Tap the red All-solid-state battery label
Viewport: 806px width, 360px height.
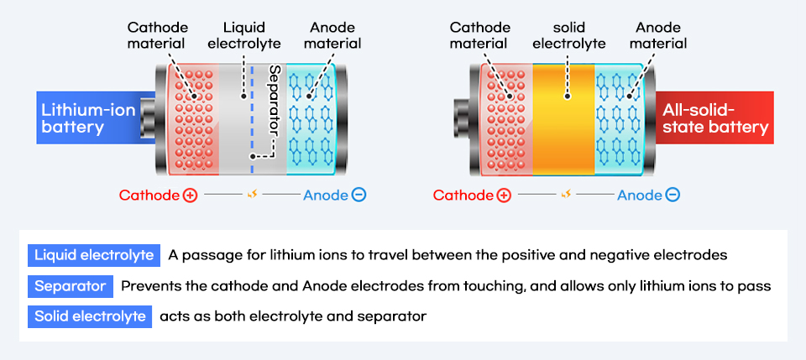coord(714,118)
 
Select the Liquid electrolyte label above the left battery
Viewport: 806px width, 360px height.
coord(244,35)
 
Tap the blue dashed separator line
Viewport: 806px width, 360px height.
coord(252,143)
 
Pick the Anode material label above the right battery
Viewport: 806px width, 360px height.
coord(657,35)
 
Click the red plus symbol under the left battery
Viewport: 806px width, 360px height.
coord(190,196)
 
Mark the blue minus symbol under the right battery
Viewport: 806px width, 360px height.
coord(673,196)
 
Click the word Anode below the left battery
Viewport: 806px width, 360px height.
coord(326,196)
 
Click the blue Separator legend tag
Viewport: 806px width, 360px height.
coord(71,286)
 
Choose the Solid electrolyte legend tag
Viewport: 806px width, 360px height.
coord(89,317)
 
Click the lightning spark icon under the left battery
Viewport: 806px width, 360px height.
coord(251,196)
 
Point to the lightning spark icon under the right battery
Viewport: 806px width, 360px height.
coord(565,196)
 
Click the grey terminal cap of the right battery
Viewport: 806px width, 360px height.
coord(465,117)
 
